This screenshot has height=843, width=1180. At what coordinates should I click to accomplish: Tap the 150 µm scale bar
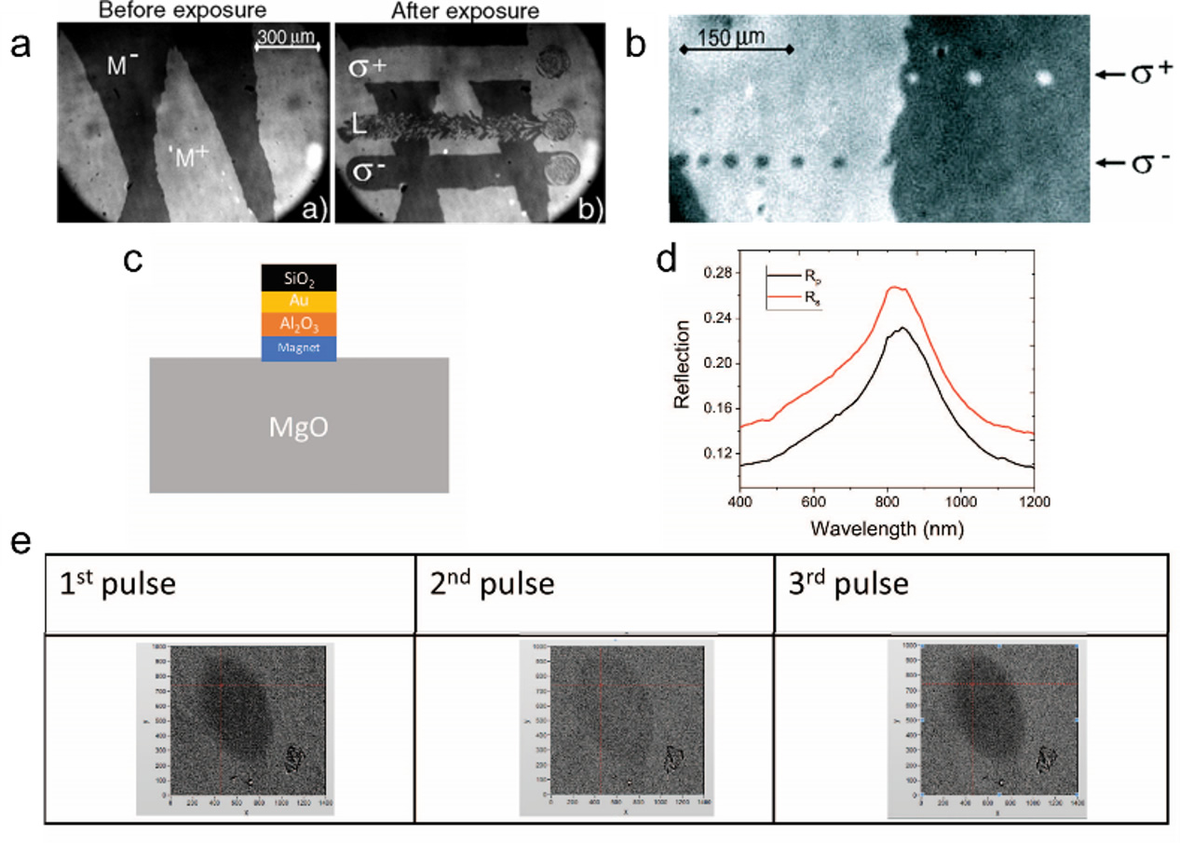click(736, 48)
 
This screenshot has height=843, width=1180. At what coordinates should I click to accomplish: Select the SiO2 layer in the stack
click(299, 278)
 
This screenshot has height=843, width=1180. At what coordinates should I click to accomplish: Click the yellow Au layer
click(299, 302)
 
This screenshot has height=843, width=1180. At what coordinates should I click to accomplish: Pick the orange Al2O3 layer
click(299, 324)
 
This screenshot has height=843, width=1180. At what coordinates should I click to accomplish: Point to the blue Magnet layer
click(299, 347)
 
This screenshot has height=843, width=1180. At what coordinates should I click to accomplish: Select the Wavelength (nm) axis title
click(886, 528)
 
